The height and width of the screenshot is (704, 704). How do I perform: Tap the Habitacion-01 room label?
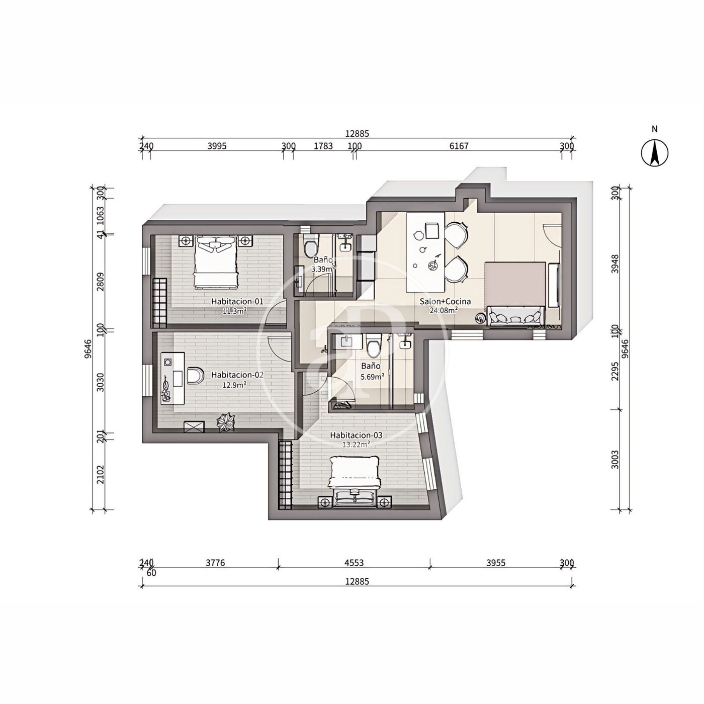(237, 302)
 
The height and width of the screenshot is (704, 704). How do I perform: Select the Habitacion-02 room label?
(237, 375)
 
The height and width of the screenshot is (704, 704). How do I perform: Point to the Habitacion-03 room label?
(356, 435)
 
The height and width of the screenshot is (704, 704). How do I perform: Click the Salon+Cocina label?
(445, 302)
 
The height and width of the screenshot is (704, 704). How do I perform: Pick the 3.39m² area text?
(323, 269)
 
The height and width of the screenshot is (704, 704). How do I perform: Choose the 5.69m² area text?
(372, 377)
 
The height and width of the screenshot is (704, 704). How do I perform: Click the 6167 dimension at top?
(459, 146)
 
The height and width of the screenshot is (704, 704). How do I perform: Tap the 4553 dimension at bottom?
(354, 563)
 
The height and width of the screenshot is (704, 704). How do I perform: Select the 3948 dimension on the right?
(615, 265)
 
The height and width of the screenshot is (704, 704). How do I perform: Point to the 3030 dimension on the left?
(100, 383)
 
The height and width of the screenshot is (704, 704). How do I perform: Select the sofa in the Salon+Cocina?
(515, 316)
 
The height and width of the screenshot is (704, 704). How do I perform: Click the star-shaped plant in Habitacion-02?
(226, 422)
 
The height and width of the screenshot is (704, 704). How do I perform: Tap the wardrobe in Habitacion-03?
(285, 475)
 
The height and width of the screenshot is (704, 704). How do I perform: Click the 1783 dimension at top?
(323, 146)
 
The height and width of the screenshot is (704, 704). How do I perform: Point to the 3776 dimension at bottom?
(215, 563)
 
